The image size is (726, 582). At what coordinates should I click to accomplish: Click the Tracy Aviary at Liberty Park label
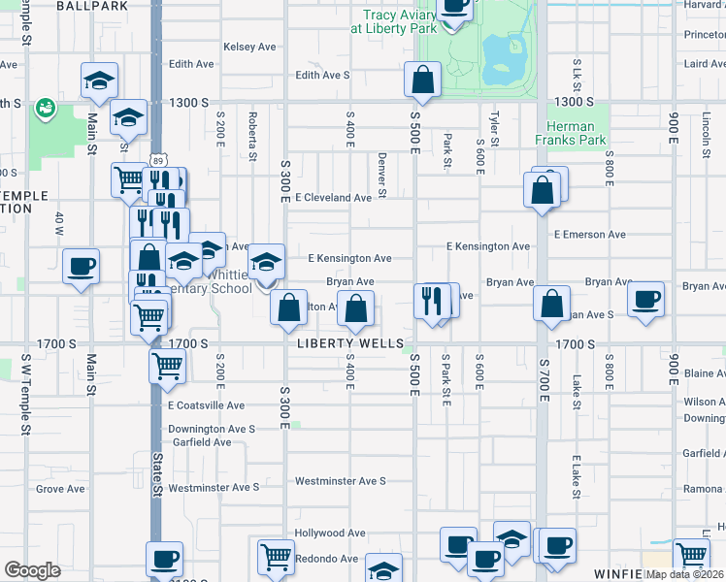403,21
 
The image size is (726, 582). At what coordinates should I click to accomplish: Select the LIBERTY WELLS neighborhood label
350,344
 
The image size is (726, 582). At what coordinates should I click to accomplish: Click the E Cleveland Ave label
334,198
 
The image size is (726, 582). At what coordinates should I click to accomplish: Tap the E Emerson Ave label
589,235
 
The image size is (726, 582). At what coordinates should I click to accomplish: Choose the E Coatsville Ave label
206,405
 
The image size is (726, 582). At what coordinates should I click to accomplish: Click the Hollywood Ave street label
330,533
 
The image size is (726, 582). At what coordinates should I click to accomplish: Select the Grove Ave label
60,489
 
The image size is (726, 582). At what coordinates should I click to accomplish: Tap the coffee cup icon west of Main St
82,266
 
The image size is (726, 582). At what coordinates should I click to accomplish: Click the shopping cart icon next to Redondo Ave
276,557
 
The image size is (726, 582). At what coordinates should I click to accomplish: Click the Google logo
32,570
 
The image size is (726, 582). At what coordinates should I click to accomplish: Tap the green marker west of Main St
45,109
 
